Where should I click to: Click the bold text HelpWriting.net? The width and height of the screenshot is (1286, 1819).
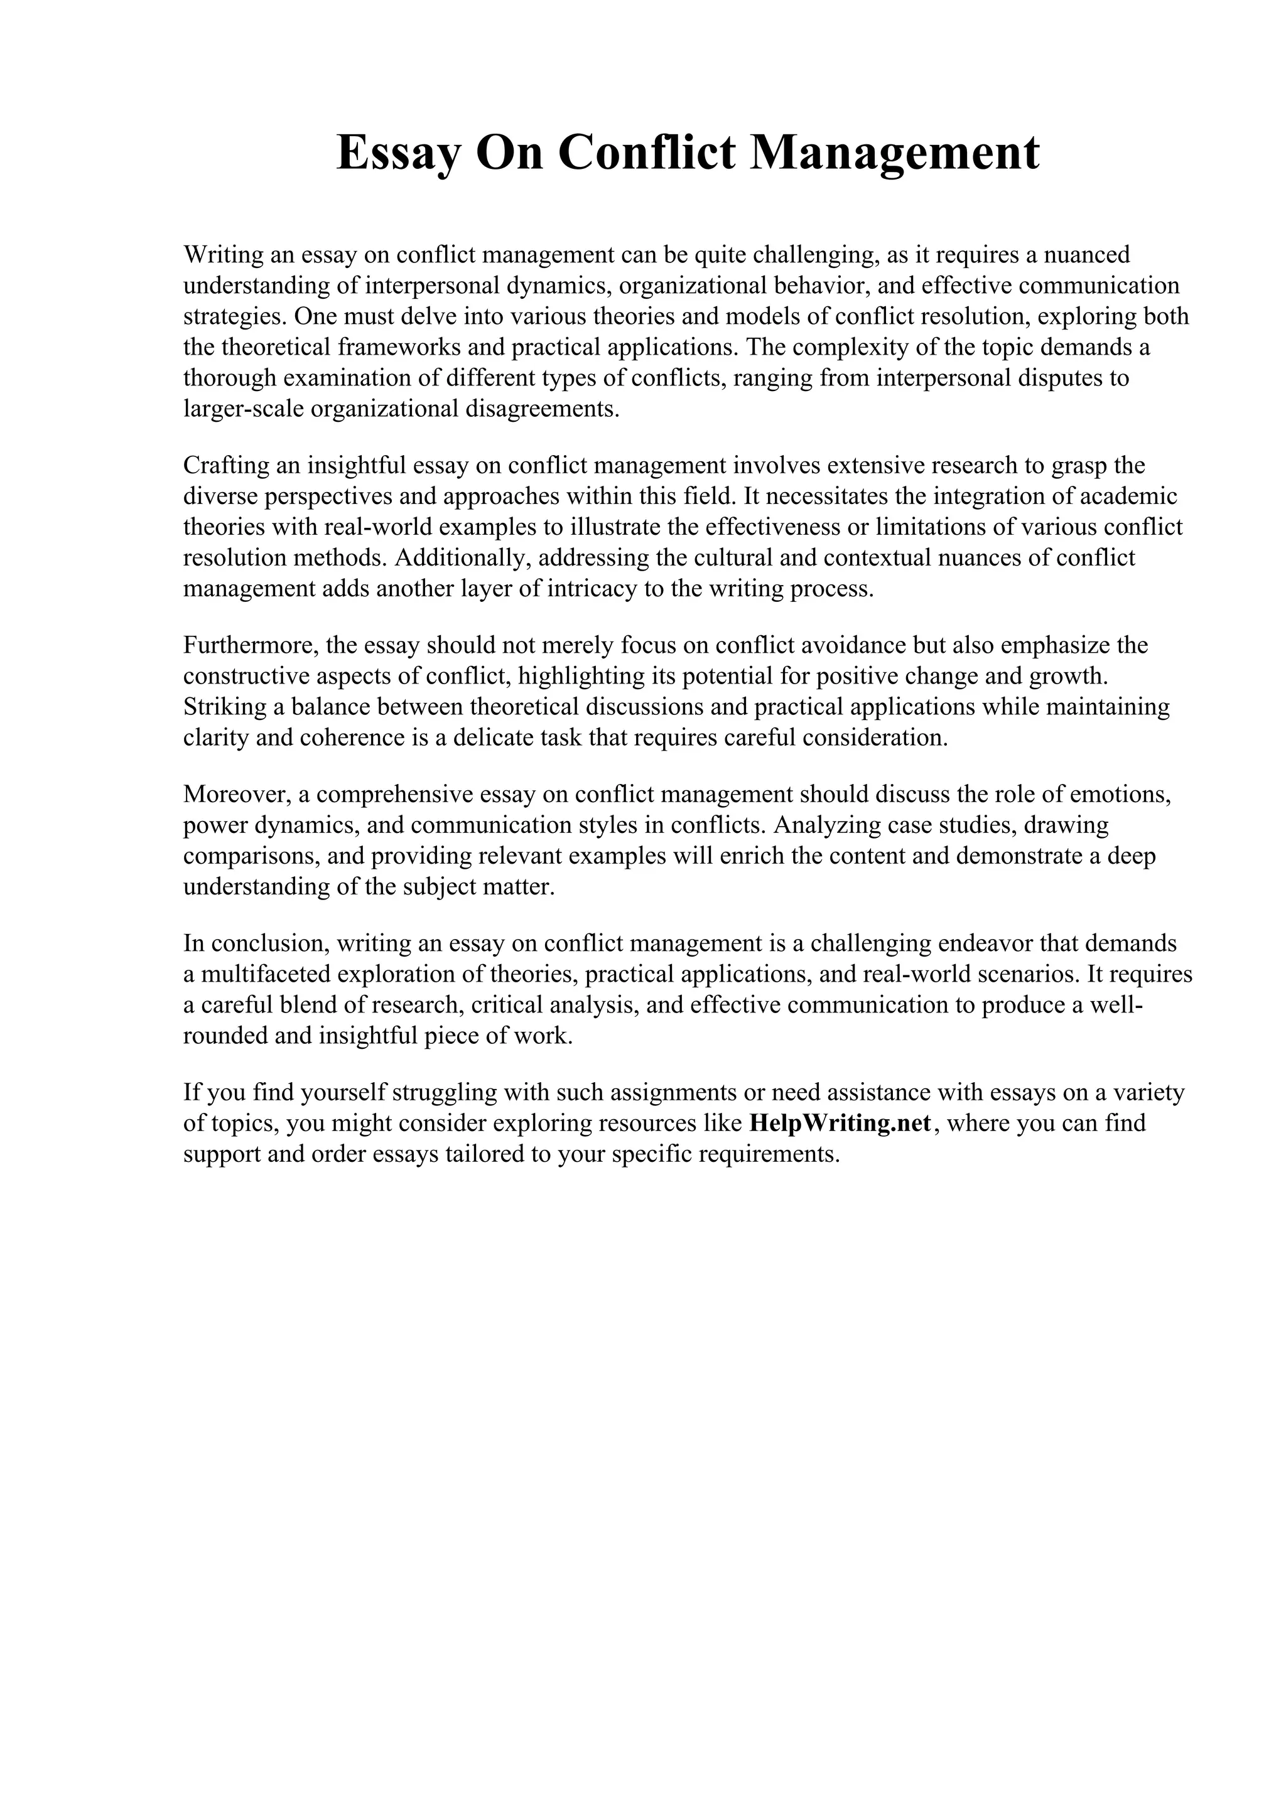[840, 1124]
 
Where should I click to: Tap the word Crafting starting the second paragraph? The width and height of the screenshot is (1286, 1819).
[227, 465]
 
